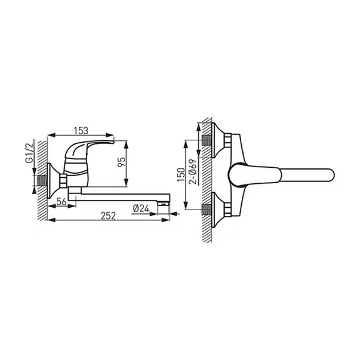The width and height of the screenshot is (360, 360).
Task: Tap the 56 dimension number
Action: pos(60,202)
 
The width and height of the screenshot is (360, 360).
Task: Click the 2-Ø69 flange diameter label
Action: pos(193,174)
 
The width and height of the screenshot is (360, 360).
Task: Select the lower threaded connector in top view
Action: pos(207,209)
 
